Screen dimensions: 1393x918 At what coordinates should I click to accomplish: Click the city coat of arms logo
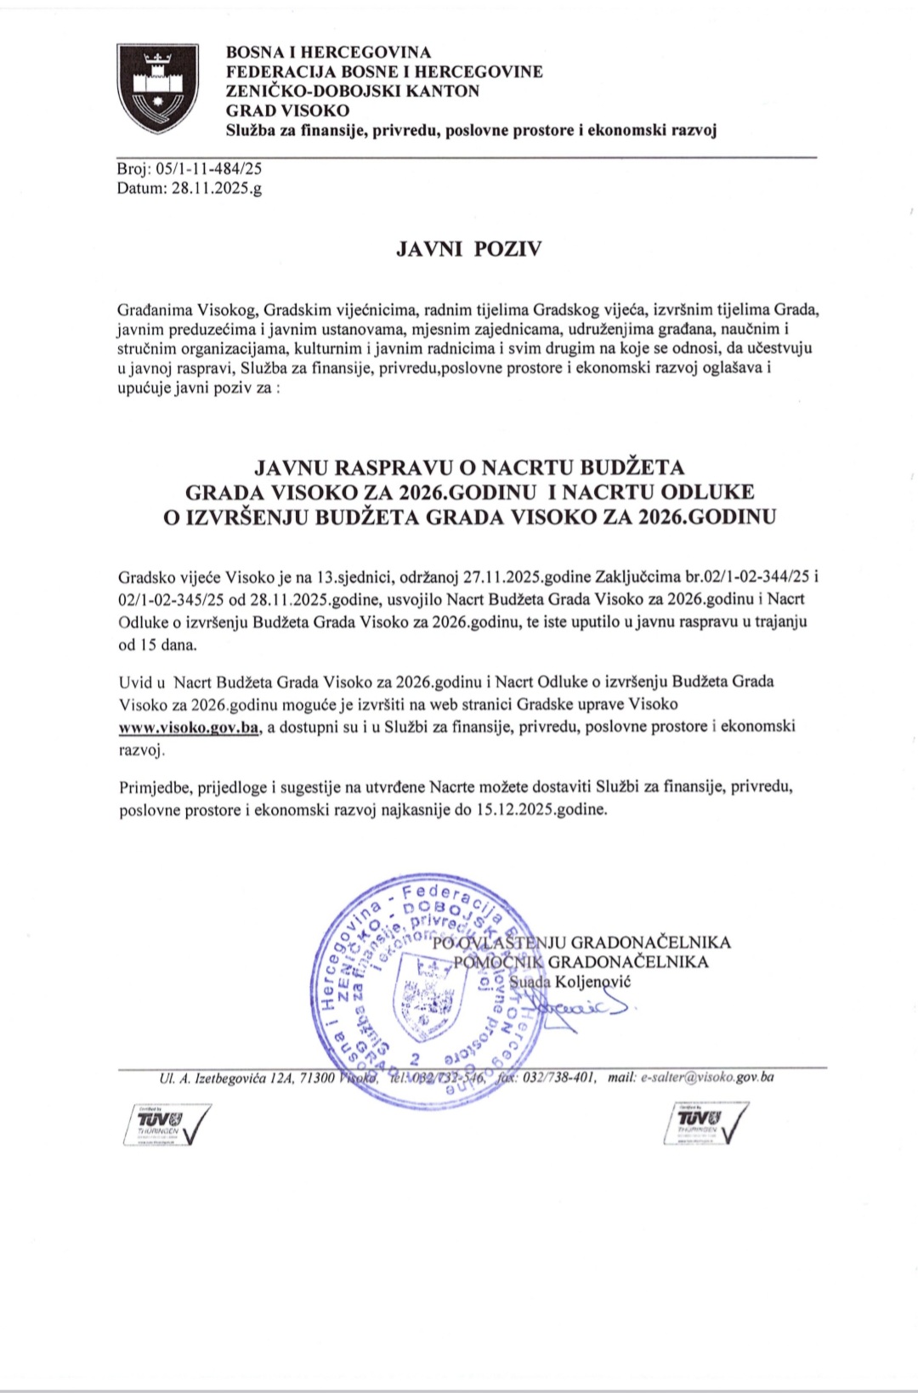click(x=157, y=89)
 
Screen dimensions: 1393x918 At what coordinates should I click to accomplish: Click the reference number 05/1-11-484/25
click(x=207, y=169)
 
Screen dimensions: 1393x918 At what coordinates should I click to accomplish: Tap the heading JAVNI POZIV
click(x=468, y=250)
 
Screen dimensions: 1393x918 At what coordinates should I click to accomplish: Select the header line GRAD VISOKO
click(x=287, y=110)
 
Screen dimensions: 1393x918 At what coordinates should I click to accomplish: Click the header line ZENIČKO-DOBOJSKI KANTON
click(x=352, y=91)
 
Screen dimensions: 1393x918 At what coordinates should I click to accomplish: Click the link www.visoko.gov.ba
click(x=189, y=728)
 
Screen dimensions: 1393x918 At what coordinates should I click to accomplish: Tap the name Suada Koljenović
click(x=570, y=982)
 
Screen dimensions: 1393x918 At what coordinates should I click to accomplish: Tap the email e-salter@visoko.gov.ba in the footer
click(x=707, y=1078)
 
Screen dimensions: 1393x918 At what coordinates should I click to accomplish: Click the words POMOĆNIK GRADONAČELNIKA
click(x=581, y=962)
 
